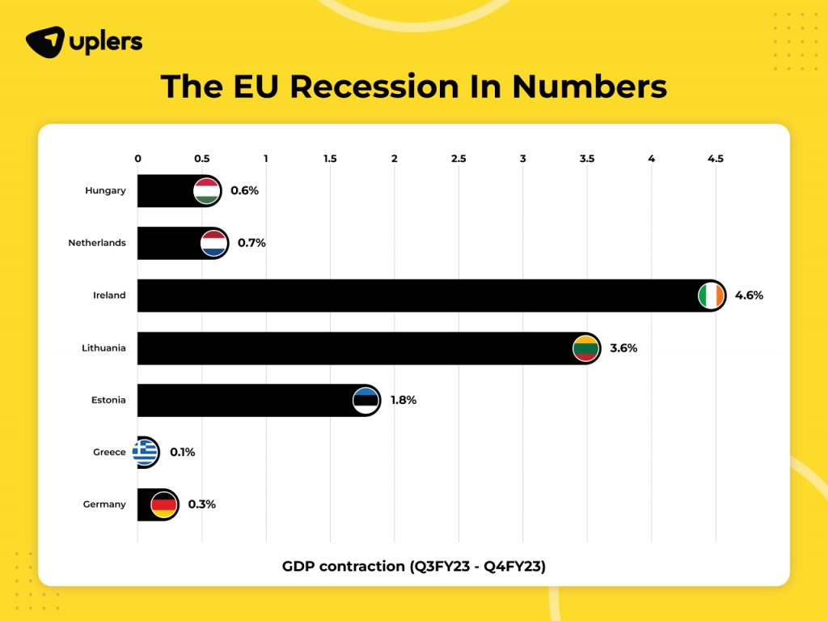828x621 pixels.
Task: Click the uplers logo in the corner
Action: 84,41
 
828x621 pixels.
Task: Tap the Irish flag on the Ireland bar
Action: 711,296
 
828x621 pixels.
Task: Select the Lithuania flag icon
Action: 585,348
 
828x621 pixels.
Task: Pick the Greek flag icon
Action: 146,452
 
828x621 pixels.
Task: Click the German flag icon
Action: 164,504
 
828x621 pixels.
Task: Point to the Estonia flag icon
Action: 366,400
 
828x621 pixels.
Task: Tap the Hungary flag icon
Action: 207,191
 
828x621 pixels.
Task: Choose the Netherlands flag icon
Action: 214,243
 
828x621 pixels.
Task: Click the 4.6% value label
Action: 749,296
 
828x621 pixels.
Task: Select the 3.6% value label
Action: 623,348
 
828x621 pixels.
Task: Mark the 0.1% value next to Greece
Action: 182,452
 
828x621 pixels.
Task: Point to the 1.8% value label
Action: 403,400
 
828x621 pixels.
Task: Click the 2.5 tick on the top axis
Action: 458,159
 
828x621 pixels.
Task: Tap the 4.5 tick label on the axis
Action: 715,159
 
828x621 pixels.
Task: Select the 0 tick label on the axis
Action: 137,159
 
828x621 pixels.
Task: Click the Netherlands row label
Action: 97,243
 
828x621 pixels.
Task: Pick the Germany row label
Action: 104,504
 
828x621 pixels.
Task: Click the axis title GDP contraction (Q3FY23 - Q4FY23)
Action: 413,566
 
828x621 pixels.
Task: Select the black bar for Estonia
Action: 243,400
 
